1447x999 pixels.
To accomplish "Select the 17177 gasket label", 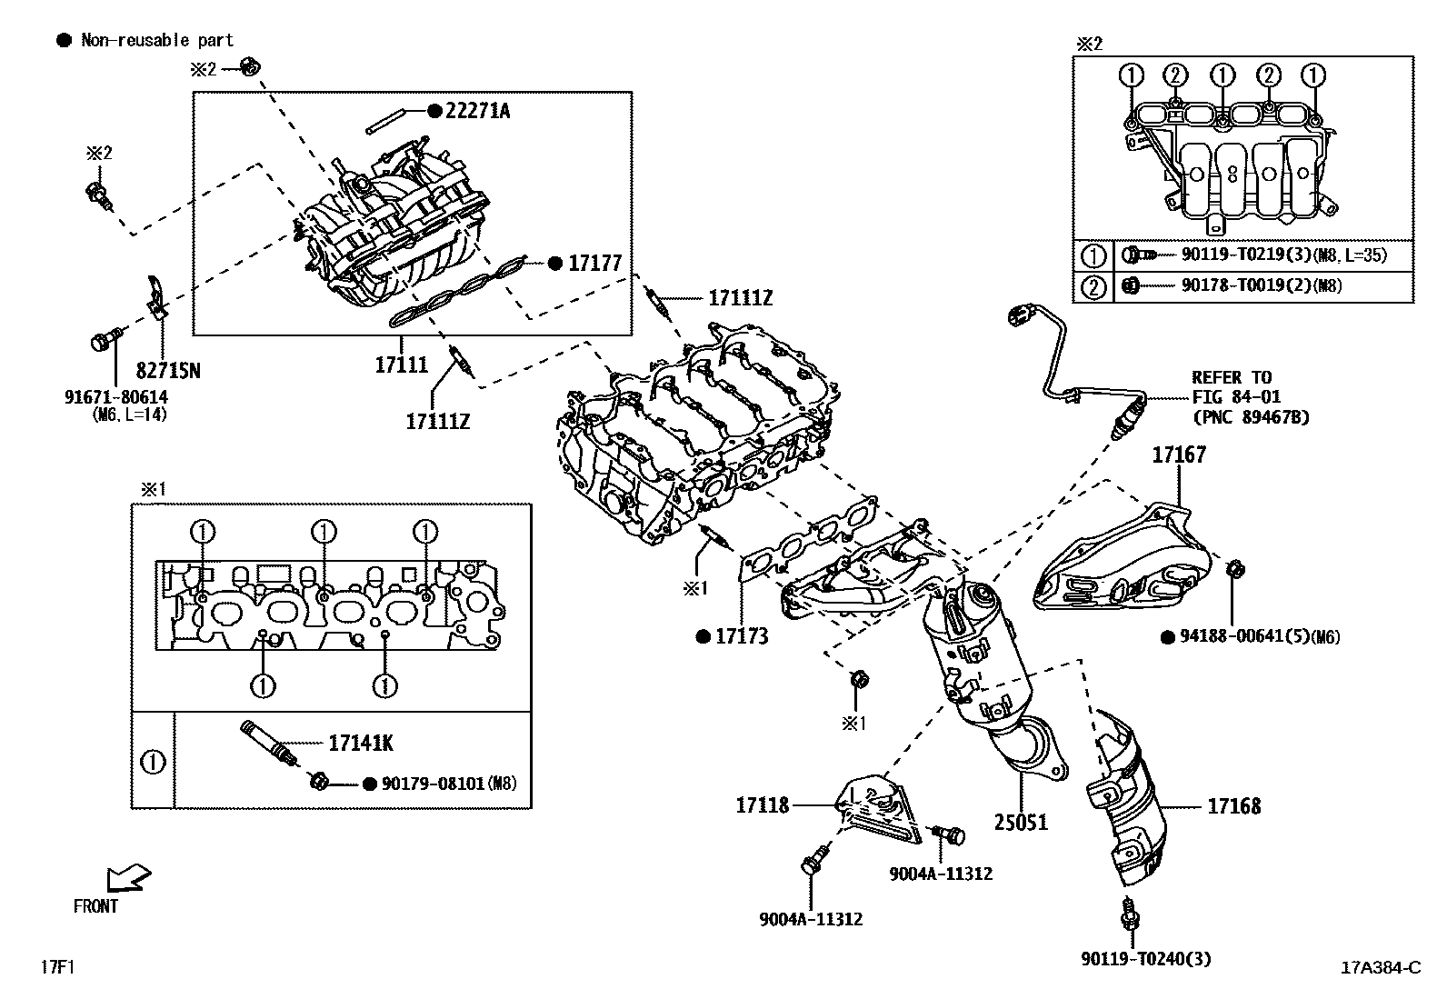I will [x=594, y=264].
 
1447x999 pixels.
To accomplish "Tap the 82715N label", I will [x=169, y=370].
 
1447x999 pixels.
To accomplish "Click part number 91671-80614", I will [x=116, y=397].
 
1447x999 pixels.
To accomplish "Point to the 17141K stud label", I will [x=360, y=744].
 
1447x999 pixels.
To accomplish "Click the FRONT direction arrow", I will [x=127, y=879].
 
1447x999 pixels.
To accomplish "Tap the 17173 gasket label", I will [x=741, y=636].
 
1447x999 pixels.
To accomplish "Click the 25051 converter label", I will [x=1020, y=822].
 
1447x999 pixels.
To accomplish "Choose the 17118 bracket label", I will [x=763, y=804].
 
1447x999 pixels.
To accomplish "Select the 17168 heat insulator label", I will [x=1233, y=805].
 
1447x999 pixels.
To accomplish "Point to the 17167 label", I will [x=1179, y=455].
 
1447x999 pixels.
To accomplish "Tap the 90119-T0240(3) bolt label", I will [x=1146, y=958].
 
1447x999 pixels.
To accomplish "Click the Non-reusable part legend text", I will [x=156, y=40].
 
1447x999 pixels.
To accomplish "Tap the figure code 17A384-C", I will [x=1380, y=967].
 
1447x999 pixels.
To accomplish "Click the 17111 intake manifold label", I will [x=401, y=365].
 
